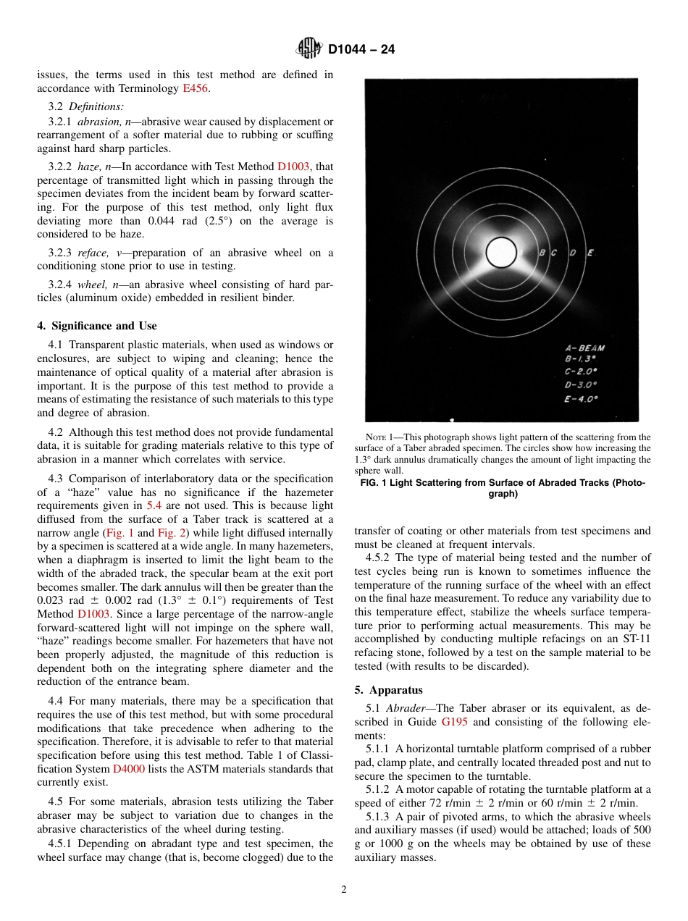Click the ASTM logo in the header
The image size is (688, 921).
pyautogui.click(x=309, y=50)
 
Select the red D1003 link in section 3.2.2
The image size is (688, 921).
pyautogui.click(x=293, y=167)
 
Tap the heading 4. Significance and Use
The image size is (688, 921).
pyautogui.click(x=97, y=326)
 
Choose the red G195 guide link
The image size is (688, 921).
pyautogui.click(x=453, y=722)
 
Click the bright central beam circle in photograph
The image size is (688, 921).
pyautogui.click(x=500, y=253)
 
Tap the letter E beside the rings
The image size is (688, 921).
pyautogui.click(x=590, y=253)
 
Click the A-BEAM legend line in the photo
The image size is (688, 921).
pyautogui.click(x=584, y=348)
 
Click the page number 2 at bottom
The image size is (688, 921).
pyautogui.click(x=344, y=890)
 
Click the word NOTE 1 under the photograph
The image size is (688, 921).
pyautogui.click(x=381, y=437)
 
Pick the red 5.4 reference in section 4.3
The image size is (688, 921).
pyautogui.click(x=154, y=505)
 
